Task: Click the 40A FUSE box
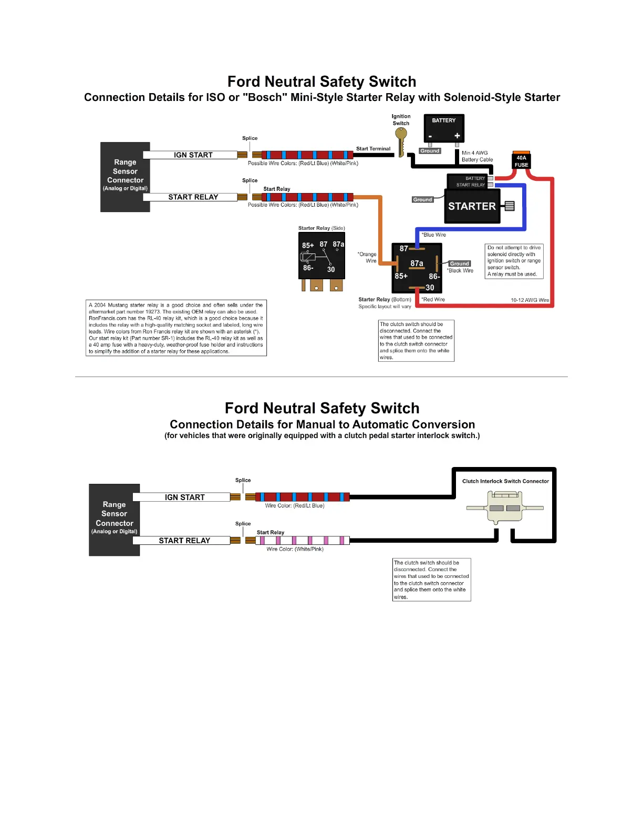[521, 161]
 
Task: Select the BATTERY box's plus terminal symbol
[457, 136]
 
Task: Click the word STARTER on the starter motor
[472, 207]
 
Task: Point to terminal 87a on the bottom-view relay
[417, 263]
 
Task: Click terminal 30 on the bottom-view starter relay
[430, 288]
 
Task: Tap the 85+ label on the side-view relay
[308, 246]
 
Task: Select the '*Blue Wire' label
[434, 235]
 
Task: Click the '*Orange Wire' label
[368, 257]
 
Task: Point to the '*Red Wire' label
[433, 300]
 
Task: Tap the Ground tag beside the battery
[430, 151]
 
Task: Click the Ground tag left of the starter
[422, 200]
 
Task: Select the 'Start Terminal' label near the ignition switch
[373, 149]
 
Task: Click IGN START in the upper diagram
[193, 155]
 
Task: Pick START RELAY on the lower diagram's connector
[184, 541]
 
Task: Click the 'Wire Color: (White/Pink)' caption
[295, 549]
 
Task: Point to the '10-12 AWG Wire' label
[530, 300]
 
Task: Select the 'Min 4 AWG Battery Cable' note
[477, 156]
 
